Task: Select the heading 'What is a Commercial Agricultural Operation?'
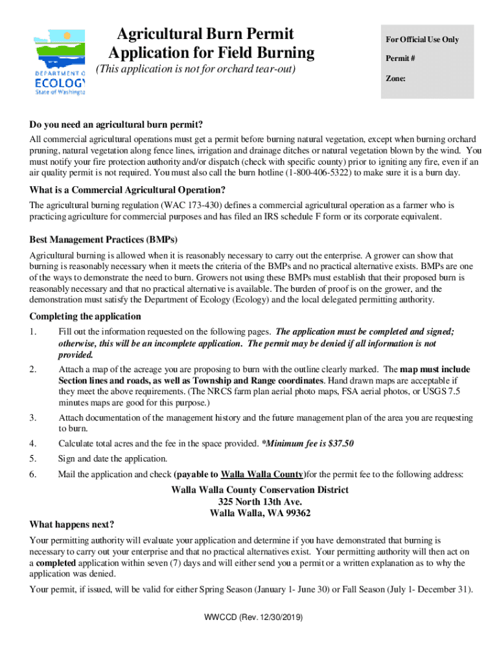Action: (127, 190)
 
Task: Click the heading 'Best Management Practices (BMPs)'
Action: (103, 239)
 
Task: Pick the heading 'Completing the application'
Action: (85, 316)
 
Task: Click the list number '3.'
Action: (33, 418)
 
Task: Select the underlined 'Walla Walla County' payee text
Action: (262, 475)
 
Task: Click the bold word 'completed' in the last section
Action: (58, 563)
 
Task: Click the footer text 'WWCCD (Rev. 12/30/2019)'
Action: (250, 617)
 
